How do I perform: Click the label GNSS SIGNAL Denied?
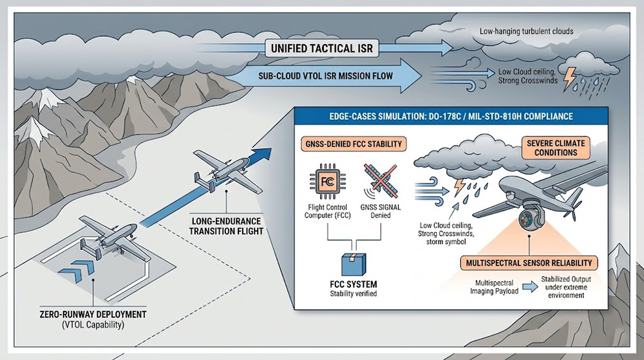pyautogui.click(x=380, y=211)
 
